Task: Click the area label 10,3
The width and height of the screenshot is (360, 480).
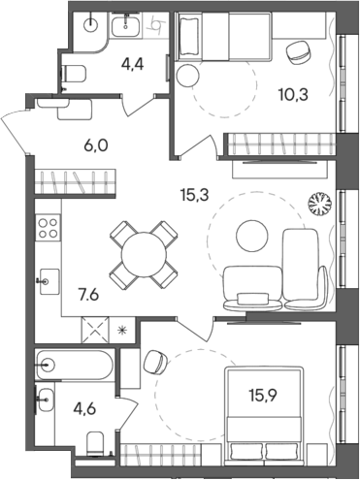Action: click(x=292, y=95)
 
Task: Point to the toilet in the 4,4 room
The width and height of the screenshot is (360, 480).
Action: click(x=74, y=70)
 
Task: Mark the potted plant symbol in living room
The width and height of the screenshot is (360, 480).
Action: click(x=318, y=205)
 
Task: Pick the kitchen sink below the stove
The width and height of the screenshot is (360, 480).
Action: click(x=46, y=282)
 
